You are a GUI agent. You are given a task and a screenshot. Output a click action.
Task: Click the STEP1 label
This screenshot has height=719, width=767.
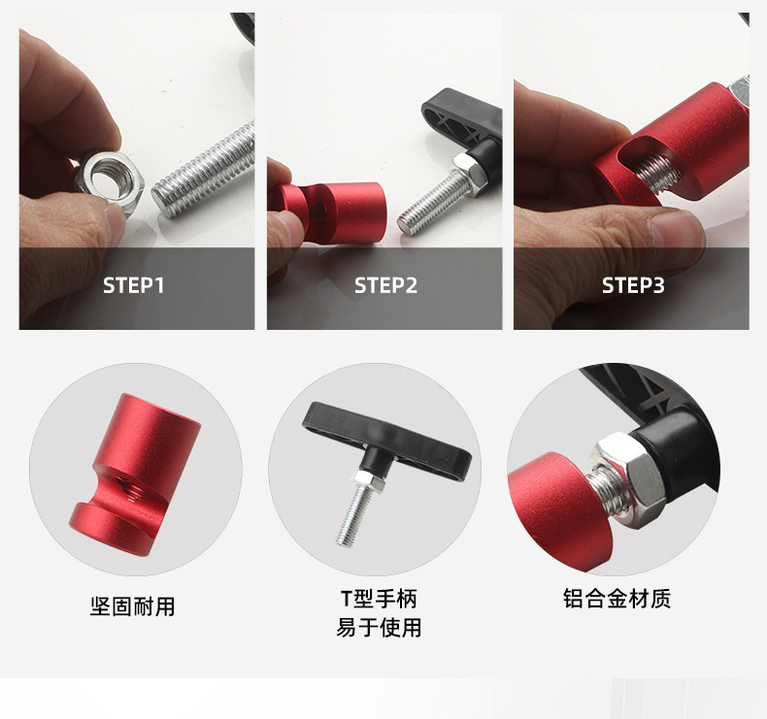pos(133,285)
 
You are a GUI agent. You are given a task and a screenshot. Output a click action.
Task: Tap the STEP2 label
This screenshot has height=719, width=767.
pos(385,285)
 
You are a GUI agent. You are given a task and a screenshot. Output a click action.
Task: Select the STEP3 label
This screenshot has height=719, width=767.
pos(632,285)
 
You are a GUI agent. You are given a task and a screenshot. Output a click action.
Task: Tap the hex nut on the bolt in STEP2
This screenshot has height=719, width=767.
pos(469,170)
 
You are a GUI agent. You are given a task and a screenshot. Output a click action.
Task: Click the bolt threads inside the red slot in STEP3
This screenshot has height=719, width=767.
pos(657,173)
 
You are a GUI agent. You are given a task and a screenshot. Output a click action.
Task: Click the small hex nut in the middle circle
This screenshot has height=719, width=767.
pos(368,481)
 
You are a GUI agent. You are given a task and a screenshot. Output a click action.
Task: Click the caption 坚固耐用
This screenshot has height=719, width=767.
pos(133,606)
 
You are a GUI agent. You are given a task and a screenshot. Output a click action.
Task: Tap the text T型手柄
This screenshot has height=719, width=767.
pos(379,599)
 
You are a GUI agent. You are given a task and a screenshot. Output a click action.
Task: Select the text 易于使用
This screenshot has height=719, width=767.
pos(379,628)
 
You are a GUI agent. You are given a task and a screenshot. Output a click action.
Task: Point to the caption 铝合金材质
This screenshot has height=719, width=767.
pos(617,599)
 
